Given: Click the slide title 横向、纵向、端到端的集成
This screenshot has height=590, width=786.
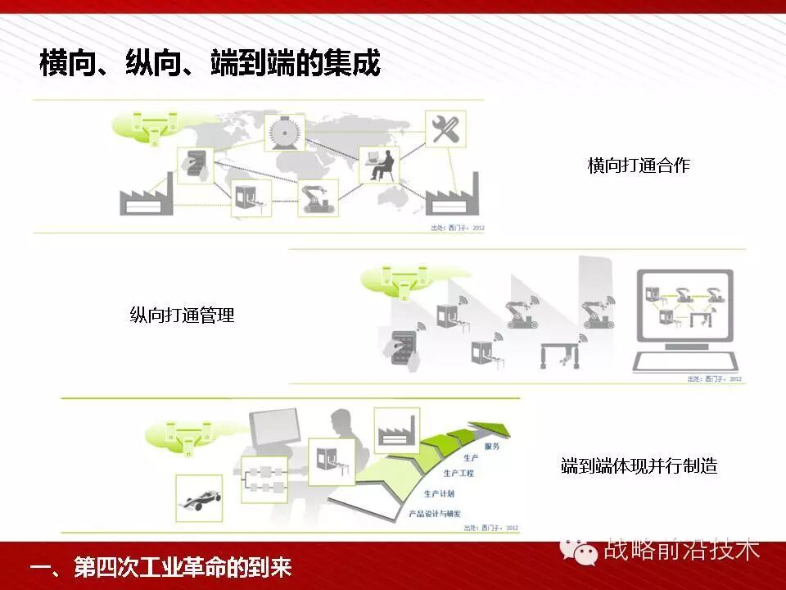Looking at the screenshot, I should click(x=210, y=63).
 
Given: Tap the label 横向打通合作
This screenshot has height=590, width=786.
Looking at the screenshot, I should click(x=639, y=166).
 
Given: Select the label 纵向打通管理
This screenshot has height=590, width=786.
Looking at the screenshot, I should click(x=182, y=315).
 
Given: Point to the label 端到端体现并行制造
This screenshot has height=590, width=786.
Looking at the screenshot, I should click(x=639, y=466).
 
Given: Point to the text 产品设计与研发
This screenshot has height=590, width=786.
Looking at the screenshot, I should click(x=434, y=513).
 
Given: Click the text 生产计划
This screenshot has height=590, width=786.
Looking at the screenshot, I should click(x=439, y=494).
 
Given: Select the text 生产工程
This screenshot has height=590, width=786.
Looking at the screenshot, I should click(x=458, y=473).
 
